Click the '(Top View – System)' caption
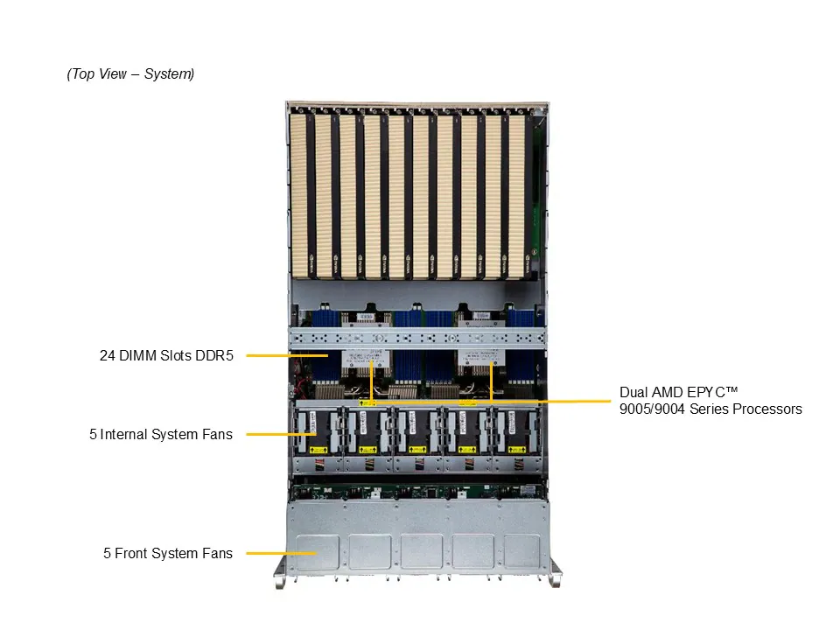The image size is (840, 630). point(130,74)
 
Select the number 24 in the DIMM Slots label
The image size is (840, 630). point(107,356)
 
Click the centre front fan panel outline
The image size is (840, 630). point(422,551)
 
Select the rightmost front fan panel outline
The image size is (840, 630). point(527,551)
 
